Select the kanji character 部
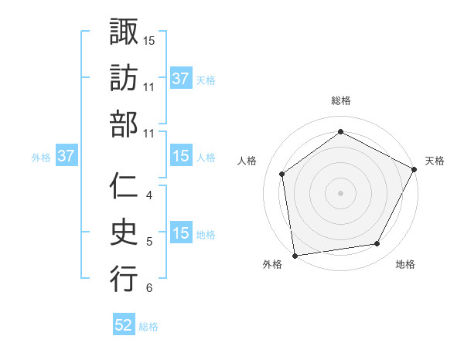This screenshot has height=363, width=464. [x=124, y=124]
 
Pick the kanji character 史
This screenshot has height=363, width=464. [x=124, y=232]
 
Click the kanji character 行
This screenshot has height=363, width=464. [x=124, y=279]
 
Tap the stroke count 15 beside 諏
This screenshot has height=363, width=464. [x=149, y=40]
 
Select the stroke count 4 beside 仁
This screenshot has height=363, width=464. [x=149, y=195]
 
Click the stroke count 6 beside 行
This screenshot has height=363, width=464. [x=149, y=289]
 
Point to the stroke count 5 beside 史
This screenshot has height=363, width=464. [x=149, y=242]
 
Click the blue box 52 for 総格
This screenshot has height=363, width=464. [x=124, y=326]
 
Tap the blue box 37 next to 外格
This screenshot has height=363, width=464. [x=67, y=156]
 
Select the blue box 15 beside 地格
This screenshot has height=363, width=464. [x=181, y=233]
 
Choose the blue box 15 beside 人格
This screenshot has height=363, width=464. [x=181, y=156]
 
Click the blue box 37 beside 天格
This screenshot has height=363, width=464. [x=181, y=78]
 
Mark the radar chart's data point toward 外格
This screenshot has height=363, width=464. [x=295, y=254]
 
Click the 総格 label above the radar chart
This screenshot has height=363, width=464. [x=341, y=100]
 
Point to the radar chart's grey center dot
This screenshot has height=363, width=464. [x=340, y=192]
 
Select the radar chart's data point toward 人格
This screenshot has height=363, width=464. [x=282, y=174]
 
